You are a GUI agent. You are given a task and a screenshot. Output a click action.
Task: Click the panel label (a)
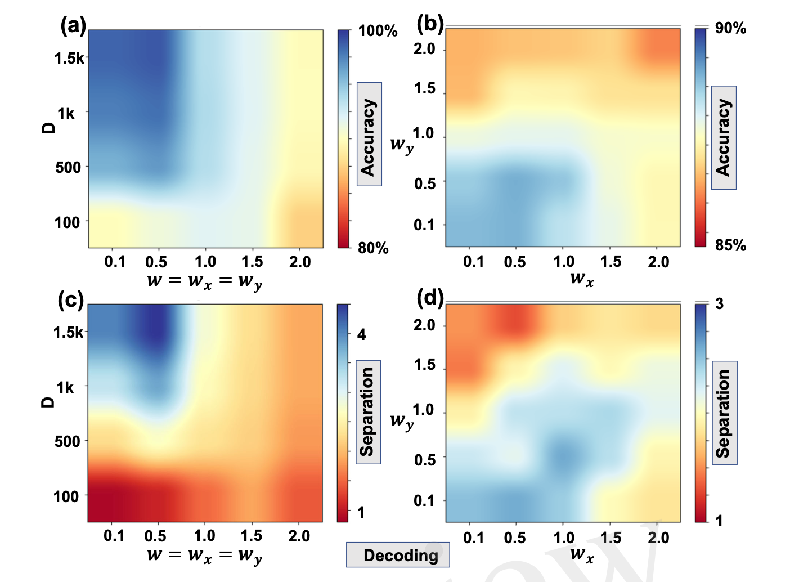click(74, 25)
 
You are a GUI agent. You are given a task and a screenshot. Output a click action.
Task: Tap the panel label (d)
click(430, 297)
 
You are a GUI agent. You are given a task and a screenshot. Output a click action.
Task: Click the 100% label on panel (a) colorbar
click(378, 30)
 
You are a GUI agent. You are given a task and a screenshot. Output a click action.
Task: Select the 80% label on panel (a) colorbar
click(373, 248)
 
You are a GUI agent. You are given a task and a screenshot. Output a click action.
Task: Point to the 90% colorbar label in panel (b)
click(730, 28)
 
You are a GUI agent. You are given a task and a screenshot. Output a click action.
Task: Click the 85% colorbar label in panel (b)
click(730, 245)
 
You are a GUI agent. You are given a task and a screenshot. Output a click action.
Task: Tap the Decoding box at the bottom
click(400, 555)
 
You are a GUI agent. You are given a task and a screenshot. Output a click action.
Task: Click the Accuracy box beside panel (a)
click(369, 135)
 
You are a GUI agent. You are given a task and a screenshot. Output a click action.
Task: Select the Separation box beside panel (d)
click(725, 413)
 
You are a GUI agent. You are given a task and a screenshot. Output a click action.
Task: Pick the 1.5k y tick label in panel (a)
click(69, 58)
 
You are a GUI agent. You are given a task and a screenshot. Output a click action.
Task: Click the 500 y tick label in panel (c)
click(68, 441)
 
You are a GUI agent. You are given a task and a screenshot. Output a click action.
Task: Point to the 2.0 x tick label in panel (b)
click(658, 262)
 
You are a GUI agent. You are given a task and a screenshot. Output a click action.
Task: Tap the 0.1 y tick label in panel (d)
click(424, 500)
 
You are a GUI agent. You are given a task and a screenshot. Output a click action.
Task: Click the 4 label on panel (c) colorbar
click(361, 335)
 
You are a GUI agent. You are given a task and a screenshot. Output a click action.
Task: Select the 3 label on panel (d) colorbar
click(719, 304)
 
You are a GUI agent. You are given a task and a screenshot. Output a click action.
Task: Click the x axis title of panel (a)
click(205, 281)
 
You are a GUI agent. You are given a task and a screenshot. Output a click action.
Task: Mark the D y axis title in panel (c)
click(49, 401)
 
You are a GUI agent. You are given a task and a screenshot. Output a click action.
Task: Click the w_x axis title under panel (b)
click(581, 279)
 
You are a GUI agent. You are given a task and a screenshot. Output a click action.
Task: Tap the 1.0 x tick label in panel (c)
click(205, 535)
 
